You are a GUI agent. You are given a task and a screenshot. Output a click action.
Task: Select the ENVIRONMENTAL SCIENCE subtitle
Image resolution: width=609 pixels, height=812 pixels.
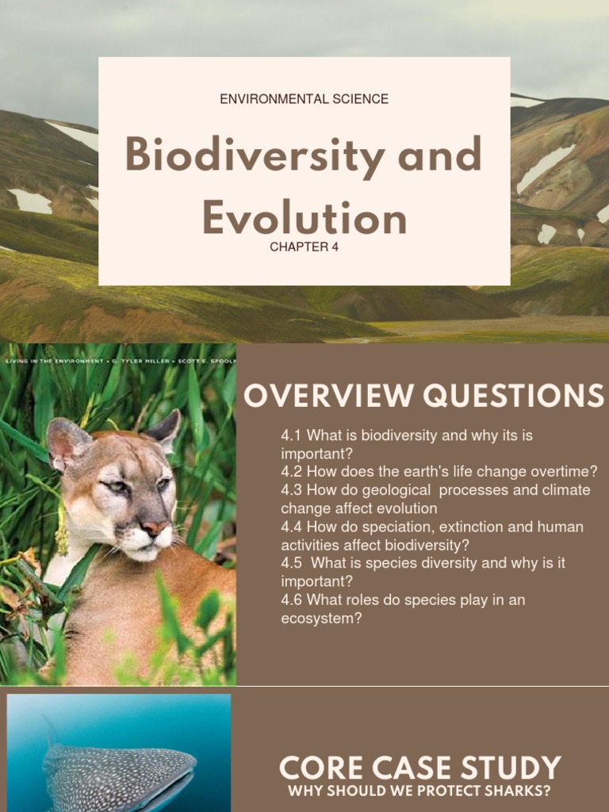(x=304, y=99)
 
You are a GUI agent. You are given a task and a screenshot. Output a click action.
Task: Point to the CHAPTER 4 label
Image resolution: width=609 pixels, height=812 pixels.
(x=304, y=247)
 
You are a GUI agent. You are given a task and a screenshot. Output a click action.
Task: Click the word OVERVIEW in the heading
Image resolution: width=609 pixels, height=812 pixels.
(x=328, y=396)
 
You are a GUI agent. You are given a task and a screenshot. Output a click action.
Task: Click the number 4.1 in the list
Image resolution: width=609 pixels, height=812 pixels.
(x=291, y=435)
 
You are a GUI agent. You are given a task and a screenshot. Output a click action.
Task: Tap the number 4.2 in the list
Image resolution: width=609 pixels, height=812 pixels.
(x=291, y=472)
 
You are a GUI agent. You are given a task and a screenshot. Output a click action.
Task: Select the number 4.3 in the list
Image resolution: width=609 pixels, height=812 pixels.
(x=291, y=490)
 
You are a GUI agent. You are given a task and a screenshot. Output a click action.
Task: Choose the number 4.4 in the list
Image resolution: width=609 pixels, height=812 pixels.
(x=291, y=527)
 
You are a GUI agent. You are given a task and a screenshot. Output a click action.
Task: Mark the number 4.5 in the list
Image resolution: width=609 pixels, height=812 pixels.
(x=291, y=563)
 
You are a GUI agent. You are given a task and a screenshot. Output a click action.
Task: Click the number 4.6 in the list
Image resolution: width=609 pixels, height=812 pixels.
(x=291, y=599)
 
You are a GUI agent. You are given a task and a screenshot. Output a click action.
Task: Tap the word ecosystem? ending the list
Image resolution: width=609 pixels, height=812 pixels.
(x=321, y=619)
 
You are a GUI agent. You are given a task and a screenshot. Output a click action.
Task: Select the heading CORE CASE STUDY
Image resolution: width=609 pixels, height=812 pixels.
(x=419, y=768)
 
